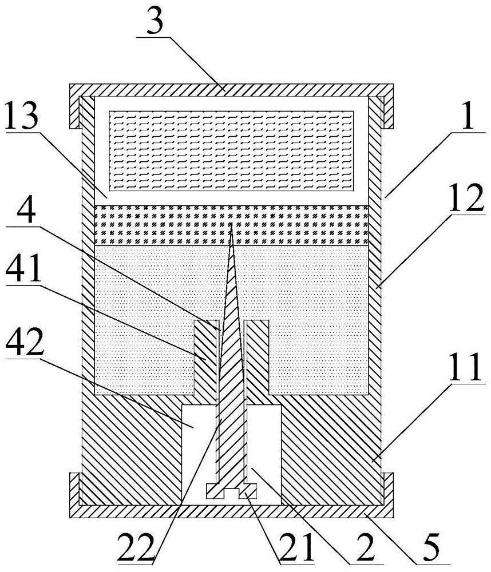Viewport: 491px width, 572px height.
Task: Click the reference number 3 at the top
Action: click(155, 21)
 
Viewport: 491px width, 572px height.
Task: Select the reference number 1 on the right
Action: click(469, 116)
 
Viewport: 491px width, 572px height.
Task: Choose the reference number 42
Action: click(24, 342)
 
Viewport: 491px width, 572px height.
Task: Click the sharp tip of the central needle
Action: click(231, 224)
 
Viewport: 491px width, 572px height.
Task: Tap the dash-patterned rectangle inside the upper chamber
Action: click(231, 150)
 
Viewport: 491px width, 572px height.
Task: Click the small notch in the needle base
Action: click(231, 494)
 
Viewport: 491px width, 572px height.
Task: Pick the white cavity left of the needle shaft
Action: click(199, 454)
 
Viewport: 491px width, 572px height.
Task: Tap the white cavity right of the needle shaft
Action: click(264, 454)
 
